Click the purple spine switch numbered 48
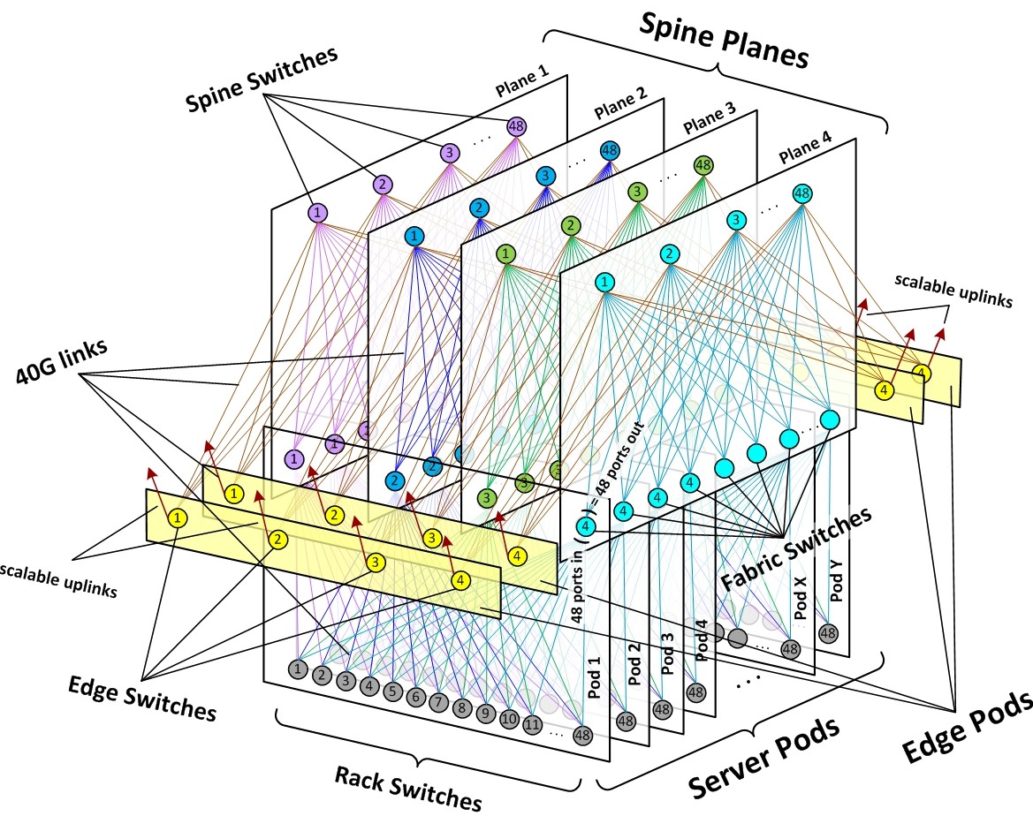point(516,125)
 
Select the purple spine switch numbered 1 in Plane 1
point(317,213)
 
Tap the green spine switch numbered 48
point(703,164)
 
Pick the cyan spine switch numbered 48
point(801,193)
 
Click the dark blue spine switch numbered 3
point(545,176)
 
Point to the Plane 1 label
point(522,81)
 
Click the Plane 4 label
point(805,147)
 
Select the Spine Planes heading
point(724,41)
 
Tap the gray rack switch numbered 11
point(532,725)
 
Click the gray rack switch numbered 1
point(298,669)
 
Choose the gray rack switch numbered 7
point(439,702)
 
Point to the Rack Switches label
point(407,788)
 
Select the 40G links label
point(61,361)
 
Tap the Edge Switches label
point(142,699)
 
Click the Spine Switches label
point(262,79)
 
